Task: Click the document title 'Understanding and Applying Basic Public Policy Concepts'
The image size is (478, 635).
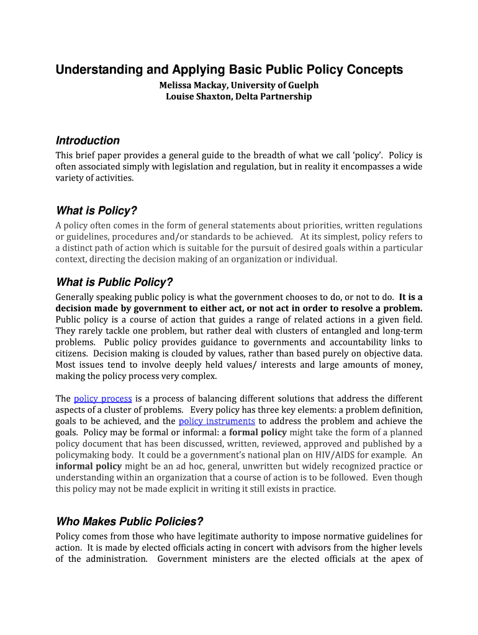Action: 229,70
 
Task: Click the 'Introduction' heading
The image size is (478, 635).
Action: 88,141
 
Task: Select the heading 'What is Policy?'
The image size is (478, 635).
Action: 96,211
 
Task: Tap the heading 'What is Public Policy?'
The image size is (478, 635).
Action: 114,282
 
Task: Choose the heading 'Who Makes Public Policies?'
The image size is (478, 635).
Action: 130,522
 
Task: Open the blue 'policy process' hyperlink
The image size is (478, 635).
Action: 102,399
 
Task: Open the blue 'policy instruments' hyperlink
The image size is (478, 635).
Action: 217,421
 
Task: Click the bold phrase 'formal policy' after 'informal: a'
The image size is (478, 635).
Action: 257,432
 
